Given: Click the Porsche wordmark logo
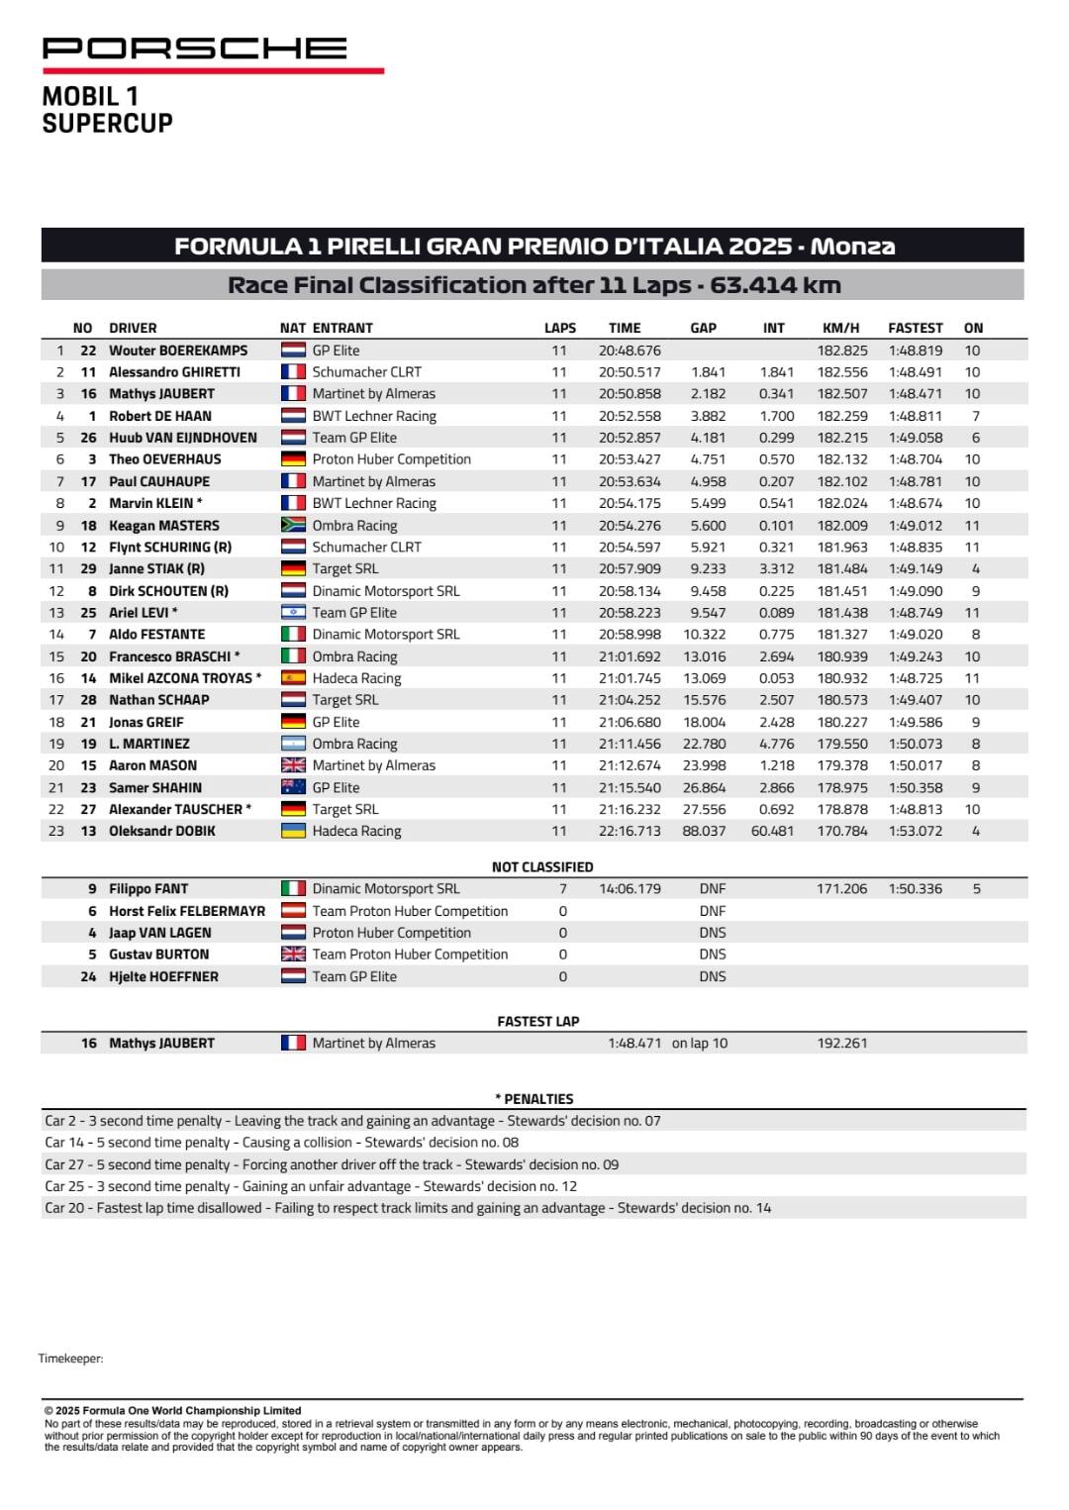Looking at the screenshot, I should [x=195, y=49].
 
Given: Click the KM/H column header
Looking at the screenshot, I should [x=840, y=328].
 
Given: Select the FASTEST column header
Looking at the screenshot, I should [x=915, y=328].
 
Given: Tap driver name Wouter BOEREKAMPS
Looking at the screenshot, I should [x=178, y=351].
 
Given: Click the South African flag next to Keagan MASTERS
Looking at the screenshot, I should [x=293, y=526].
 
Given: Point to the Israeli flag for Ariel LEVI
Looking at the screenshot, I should [x=293, y=613].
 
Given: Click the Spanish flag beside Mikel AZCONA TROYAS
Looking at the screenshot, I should [x=293, y=678].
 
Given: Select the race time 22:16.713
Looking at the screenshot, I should [x=630, y=832].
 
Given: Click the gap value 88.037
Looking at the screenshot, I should [x=704, y=832].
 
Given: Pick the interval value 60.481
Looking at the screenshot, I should [x=772, y=832].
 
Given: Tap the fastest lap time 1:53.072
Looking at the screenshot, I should [x=915, y=832].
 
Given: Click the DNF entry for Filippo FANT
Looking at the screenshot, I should [x=712, y=889].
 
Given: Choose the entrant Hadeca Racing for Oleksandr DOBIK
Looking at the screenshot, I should [x=356, y=832].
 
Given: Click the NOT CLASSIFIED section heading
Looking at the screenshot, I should [x=542, y=867].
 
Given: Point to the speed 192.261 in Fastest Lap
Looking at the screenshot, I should [x=842, y=1044].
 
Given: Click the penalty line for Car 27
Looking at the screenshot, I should [x=332, y=1165].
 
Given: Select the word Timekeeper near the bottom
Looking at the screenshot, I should [x=70, y=1359].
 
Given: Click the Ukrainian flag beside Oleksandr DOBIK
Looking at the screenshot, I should [x=293, y=832].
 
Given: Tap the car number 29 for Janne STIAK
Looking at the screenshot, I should [x=88, y=569].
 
